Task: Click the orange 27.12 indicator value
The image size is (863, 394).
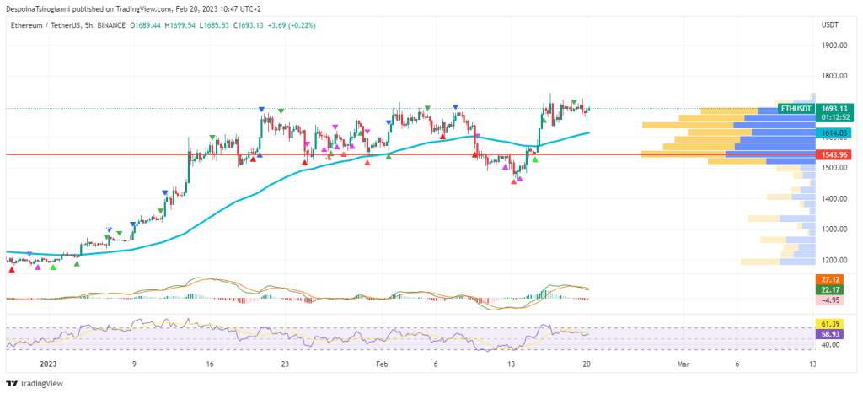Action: point(830,278)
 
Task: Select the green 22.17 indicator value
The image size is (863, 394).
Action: point(830,289)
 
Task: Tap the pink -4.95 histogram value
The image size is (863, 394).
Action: point(830,300)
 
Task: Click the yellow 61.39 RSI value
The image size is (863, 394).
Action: point(830,324)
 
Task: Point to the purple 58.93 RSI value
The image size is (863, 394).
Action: point(830,334)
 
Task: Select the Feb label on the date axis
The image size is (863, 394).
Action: point(382,364)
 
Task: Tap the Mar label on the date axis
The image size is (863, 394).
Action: point(684,364)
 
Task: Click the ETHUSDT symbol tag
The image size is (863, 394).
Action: point(796,109)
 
